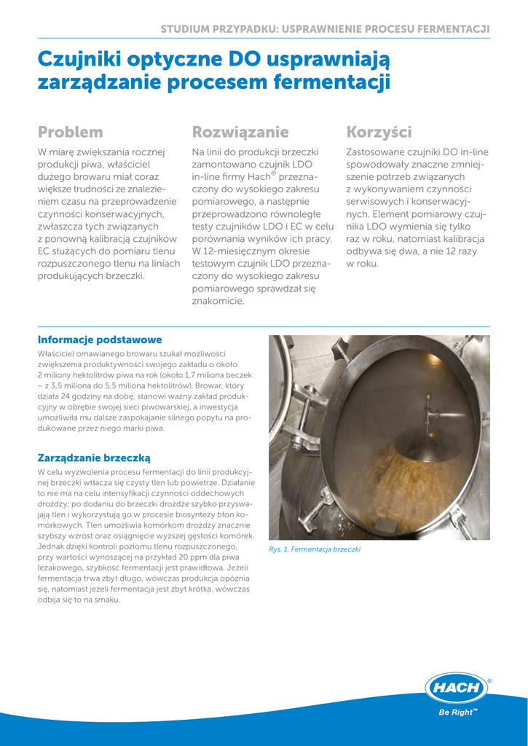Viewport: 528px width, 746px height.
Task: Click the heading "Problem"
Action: click(70, 133)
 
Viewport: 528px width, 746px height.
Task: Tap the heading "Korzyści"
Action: click(379, 133)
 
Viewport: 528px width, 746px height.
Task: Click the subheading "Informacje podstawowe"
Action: click(100, 340)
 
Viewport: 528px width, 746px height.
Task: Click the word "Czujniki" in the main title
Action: click(79, 58)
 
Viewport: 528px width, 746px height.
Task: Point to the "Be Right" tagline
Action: click(457, 712)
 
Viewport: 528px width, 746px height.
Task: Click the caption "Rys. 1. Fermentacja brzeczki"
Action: click(315, 549)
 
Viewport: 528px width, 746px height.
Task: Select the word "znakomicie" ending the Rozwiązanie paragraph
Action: click(217, 301)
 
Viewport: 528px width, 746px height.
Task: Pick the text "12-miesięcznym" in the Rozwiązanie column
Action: click(244, 251)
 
